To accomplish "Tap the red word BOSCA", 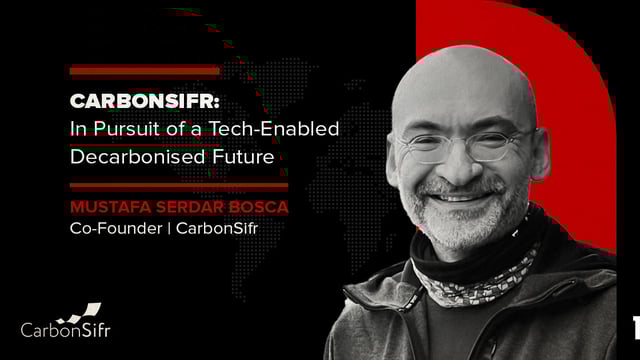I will point(257,206).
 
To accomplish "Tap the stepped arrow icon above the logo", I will point(79,311).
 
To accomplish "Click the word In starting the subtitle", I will point(78,129).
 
